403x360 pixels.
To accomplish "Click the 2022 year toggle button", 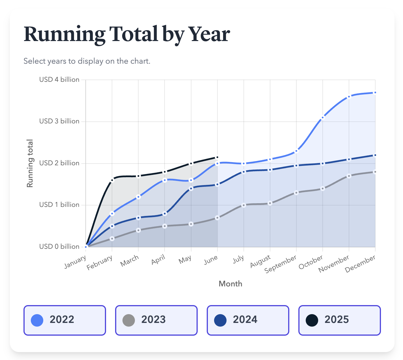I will pos(64,320).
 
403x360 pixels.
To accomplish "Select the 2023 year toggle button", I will pos(156,320).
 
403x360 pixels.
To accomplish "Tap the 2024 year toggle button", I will pos(248,320).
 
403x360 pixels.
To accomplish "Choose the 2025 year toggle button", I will pos(339,320).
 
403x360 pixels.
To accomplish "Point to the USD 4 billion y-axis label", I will pos(59,80).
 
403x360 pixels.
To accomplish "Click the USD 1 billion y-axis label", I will pos(59,205).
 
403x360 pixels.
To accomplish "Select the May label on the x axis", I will pos(185,260).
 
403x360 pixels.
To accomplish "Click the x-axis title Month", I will pos(230,284).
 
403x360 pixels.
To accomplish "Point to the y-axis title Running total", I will pos(30,163).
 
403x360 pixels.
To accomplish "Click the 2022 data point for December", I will pos(375,93).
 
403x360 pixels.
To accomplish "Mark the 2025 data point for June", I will pos(217,157).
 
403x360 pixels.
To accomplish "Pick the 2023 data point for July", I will pos(244,205).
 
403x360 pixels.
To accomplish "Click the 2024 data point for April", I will pos(165,214).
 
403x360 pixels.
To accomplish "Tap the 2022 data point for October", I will pos(322,117).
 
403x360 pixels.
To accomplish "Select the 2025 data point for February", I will pos(112,180).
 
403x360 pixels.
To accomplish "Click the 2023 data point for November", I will pos(349,176).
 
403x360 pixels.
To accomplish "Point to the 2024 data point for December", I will pos(375,155).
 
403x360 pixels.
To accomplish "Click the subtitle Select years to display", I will pos(87,61).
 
